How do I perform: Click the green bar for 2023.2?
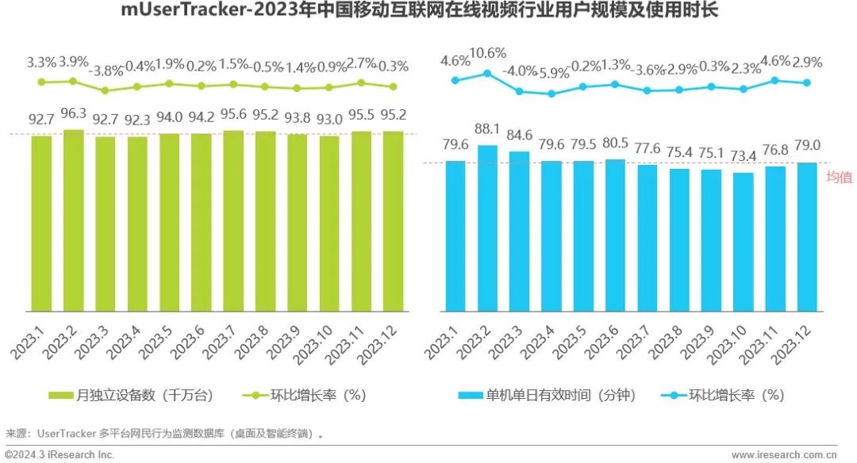pos(73,220)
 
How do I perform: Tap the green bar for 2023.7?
pos(233,221)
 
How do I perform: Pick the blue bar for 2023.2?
pos(487,228)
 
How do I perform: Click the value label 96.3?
pos(73,117)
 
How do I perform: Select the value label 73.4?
pos(743,159)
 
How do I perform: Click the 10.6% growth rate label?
pos(487,54)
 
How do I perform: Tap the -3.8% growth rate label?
pos(105,69)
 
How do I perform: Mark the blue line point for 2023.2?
pos(487,74)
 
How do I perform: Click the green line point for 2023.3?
pos(105,90)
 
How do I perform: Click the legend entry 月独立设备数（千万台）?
pos(130,394)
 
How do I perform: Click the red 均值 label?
pos(839,178)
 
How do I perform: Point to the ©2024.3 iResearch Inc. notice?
pos(60,455)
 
